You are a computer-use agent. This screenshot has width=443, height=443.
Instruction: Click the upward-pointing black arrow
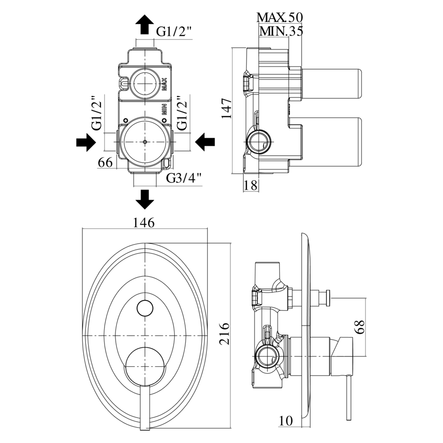coord(145,24)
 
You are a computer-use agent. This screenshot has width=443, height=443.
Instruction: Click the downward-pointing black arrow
coord(145,199)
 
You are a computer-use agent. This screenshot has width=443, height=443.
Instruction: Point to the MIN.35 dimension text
coord(280,31)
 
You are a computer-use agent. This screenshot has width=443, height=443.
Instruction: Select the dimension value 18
coord(251,185)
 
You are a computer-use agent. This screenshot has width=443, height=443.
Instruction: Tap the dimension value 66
coord(105,162)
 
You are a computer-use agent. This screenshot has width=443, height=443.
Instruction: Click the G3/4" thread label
coord(184,178)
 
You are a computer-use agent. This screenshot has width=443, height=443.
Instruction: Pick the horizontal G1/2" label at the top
coord(174,32)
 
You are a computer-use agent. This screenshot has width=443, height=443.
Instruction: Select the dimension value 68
coord(360,326)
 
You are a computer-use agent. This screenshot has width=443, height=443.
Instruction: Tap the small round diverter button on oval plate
coord(144,307)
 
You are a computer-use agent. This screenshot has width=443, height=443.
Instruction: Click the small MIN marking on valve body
coord(163,109)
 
